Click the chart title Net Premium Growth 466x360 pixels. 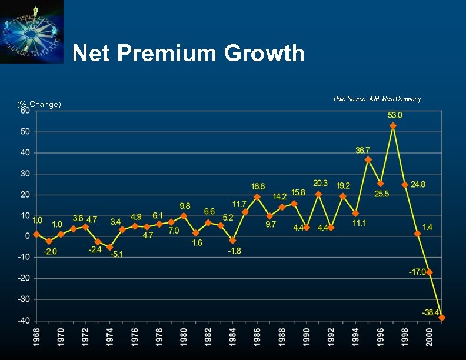pos(188,54)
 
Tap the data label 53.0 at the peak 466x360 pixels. pos(395,115)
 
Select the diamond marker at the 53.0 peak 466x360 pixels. pos(393,126)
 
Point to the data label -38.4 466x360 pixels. pos(431,311)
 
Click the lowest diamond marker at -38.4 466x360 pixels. pos(442,318)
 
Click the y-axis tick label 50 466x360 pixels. pos(25,132)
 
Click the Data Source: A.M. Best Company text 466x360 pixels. pos(377,99)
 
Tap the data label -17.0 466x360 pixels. pos(418,272)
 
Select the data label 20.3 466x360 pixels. pos(321,184)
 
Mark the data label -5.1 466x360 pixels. pos(117,254)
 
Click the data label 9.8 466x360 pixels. pos(185,206)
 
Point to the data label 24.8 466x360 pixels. pos(418,185)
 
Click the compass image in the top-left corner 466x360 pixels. pos(32,32)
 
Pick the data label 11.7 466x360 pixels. pos(239,204)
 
